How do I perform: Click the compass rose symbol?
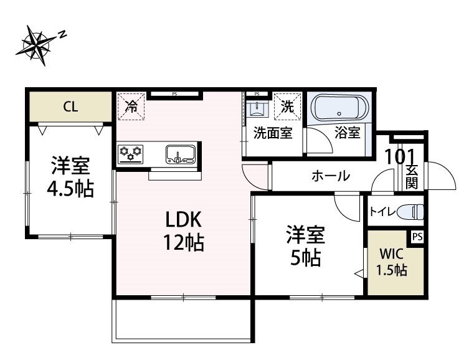[x=39, y=45]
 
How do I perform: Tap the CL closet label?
[x=70, y=107]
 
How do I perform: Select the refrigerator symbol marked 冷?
[x=131, y=106]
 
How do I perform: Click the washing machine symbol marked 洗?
[x=288, y=106]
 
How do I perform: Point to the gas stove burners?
[x=131, y=152]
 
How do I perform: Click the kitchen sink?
[x=181, y=153]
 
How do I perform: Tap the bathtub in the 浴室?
[x=339, y=108]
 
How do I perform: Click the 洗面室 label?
[x=273, y=133]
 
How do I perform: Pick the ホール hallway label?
[x=330, y=176]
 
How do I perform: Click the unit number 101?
[x=399, y=156]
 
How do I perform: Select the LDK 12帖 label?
[x=184, y=231]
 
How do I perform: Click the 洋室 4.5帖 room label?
[x=70, y=177]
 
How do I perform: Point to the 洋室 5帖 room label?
[x=305, y=246]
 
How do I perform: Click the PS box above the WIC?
[x=417, y=237]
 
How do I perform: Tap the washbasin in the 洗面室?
[x=257, y=109]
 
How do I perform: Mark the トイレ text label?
[x=382, y=212]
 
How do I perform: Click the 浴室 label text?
[x=347, y=133]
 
